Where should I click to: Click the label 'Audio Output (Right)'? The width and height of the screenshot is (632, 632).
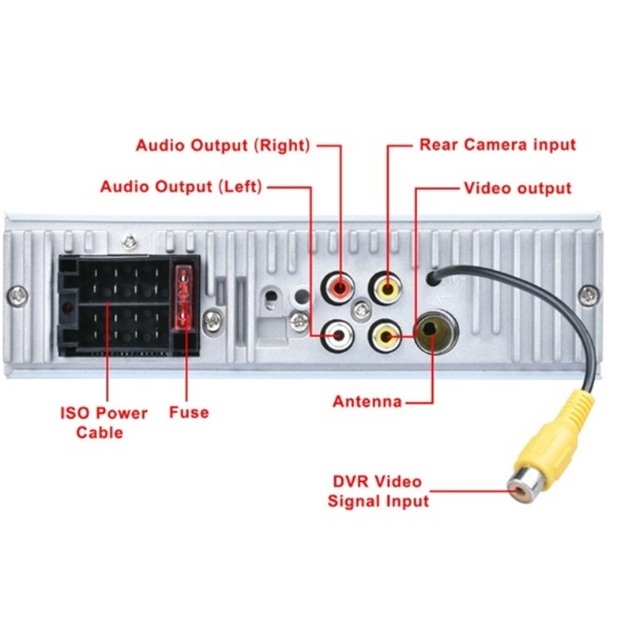coord(224,145)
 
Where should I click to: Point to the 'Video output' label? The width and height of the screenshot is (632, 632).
coord(517,188)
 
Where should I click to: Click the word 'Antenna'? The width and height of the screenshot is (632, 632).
coord(367,401)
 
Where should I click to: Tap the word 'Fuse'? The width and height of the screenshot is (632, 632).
coord(189,412)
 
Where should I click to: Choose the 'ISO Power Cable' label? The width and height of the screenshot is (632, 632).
coord(104,423)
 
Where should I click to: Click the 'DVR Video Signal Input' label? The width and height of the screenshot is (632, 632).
coord(378,491)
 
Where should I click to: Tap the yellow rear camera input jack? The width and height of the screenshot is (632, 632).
coord(387,288)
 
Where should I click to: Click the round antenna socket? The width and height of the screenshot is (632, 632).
coord(434,333)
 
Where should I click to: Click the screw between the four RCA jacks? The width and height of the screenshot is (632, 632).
coord(362,310)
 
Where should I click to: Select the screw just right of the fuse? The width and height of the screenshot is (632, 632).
coord(210,321)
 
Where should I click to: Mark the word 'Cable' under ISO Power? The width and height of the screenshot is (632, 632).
coord(100,433)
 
